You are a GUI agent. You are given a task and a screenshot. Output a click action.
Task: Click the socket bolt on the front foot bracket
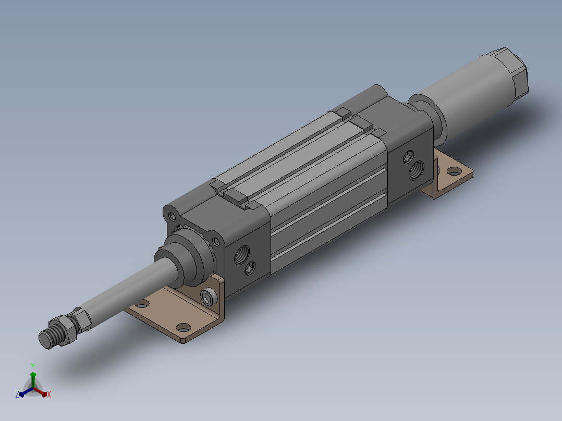click(x=208, y=297)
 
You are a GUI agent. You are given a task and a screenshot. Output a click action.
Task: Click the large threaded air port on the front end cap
click(x=241, y=255)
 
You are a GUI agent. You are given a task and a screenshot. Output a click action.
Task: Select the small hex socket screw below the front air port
click(x=250, y=268)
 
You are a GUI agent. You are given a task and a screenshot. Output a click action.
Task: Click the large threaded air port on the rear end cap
click(x=416, y=170)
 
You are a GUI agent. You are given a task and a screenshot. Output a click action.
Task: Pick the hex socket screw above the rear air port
click(x=408, y=157)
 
